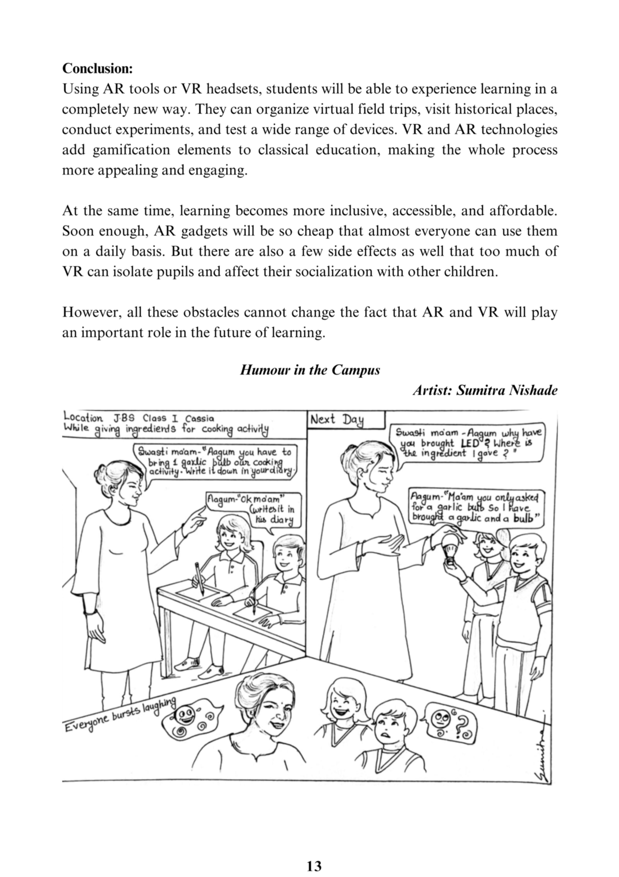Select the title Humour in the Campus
310,370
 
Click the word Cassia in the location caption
200,418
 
